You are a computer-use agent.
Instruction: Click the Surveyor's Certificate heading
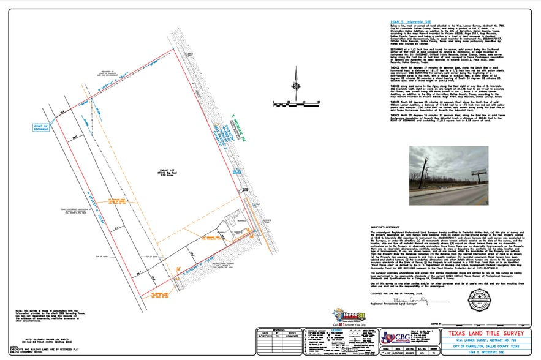point(388,225)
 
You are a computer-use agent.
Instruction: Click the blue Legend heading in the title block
point(338,331)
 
